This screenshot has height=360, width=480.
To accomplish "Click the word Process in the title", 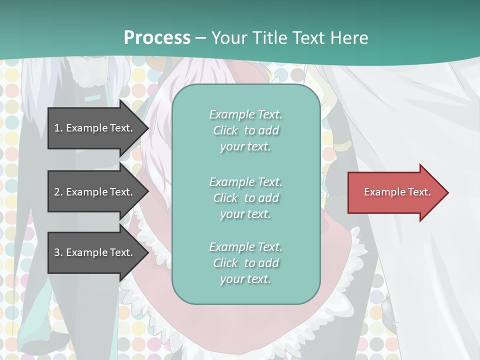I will [157, 37].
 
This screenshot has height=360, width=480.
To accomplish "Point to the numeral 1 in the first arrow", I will [57, 128].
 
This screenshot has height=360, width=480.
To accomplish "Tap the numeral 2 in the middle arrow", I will [57, 192].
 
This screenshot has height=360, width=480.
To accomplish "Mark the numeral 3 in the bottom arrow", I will [57, 252].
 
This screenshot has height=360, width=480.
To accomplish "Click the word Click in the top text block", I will [225, 130].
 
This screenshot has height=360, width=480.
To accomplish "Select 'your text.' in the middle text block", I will [245, 214].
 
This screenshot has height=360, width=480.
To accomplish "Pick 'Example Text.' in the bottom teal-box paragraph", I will [245, 247].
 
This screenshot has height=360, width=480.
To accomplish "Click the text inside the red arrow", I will [397, 192].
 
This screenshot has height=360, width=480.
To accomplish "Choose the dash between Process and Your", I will [201, 38].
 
